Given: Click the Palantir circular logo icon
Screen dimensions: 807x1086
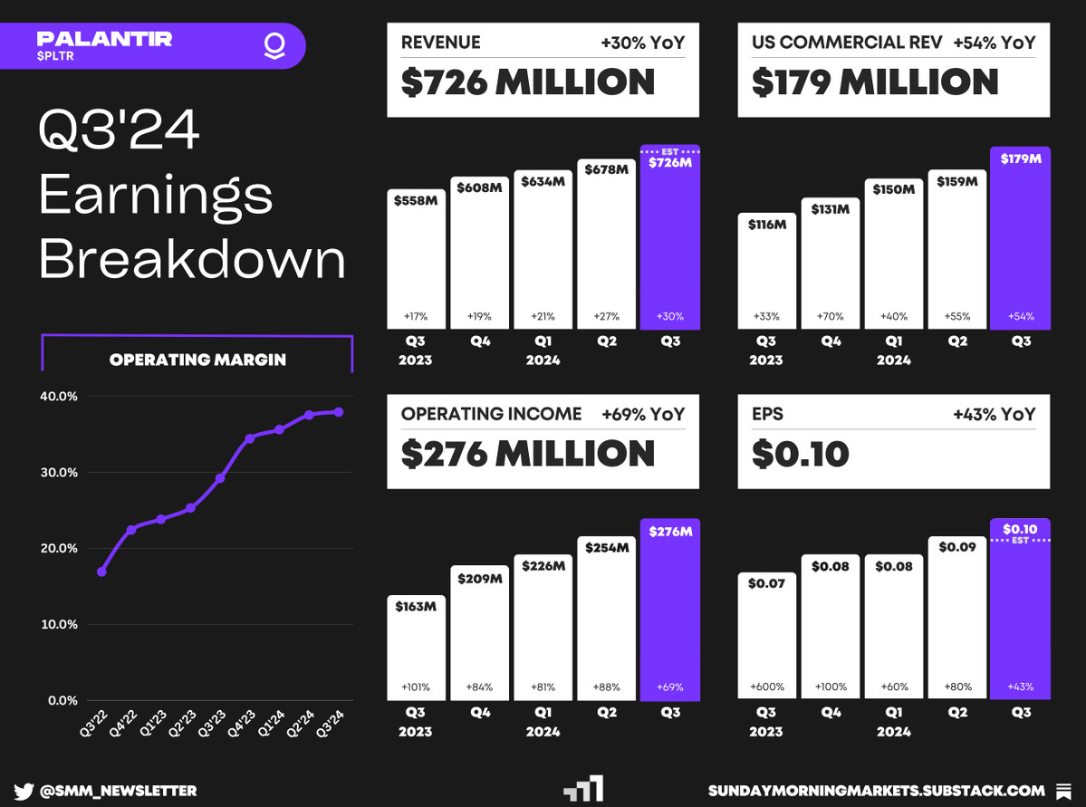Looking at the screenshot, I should point(273,46).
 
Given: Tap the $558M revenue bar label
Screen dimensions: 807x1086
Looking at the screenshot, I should point(416,200).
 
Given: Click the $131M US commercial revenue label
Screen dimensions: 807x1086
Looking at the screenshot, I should point(830,209).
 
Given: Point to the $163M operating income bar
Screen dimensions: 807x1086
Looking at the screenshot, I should point(416,648).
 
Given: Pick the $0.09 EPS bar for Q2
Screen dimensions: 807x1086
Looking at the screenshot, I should point(956,618).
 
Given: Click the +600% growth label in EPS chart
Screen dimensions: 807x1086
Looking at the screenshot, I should point(766,687).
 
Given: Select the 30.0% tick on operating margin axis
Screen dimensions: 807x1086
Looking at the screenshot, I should point(57,473).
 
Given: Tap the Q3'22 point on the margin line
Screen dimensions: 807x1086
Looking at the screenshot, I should point(101,572).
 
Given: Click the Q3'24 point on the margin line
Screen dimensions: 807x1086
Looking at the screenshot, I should point(339,411).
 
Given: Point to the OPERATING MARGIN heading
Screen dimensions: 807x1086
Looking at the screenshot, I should point(197,360).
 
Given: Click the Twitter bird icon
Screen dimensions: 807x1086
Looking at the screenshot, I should point(24,791).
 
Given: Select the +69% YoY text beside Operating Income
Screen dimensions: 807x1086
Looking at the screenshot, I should point(643,415).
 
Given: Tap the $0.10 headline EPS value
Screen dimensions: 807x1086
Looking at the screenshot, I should point(800,454).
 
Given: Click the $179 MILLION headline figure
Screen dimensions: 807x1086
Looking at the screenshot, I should point(875,82).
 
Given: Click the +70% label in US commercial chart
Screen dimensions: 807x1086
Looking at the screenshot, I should point(830,317).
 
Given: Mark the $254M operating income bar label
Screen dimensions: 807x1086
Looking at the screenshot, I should point(607,548).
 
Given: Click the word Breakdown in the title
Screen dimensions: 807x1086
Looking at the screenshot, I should point(192,259).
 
